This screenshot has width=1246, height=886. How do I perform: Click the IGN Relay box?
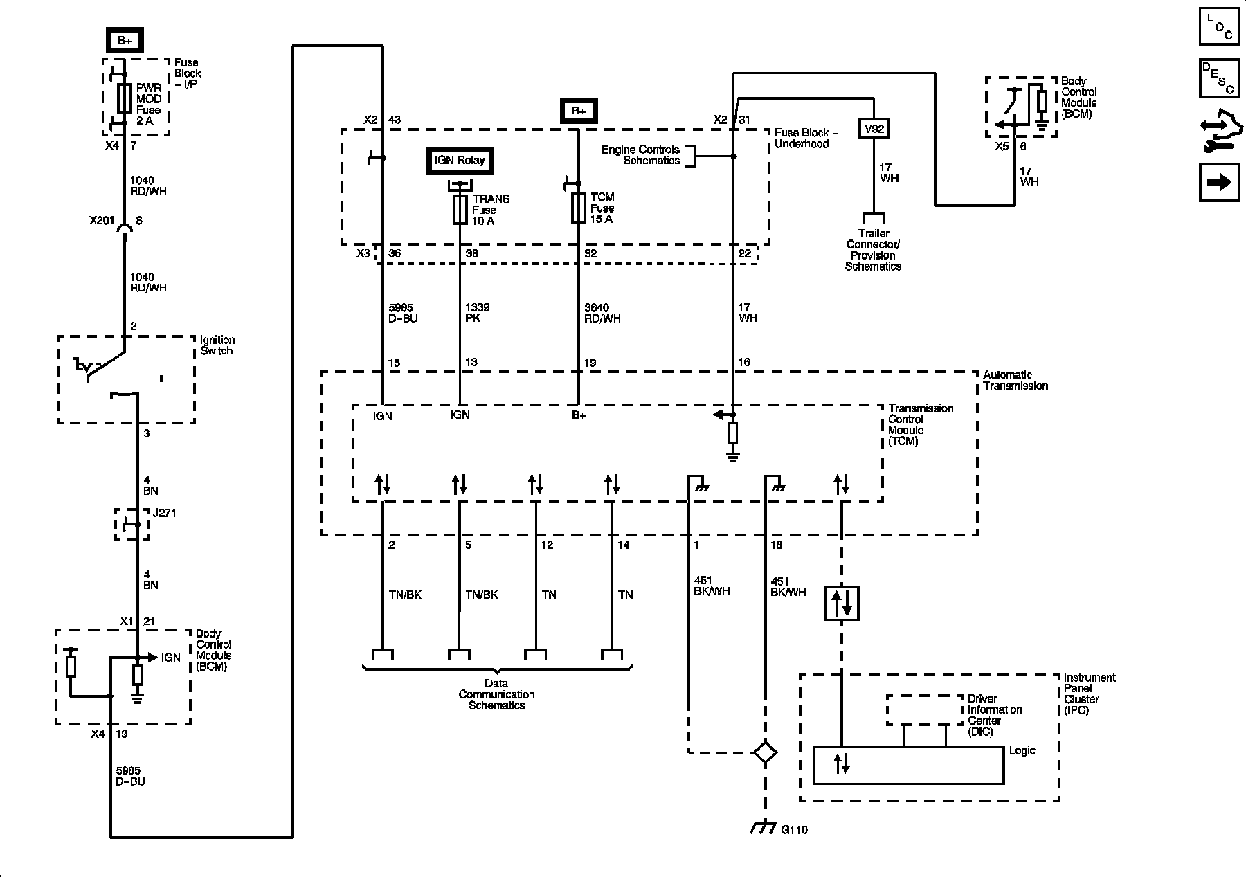(460, 161)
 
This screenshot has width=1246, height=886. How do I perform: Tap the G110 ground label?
(794, 829)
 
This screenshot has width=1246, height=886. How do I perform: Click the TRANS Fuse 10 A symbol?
(460, 209)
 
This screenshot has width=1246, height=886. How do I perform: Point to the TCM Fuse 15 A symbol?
(579, 208)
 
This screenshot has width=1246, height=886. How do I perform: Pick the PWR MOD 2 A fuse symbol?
(125, 99)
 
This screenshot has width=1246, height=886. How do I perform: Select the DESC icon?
(1219, 78)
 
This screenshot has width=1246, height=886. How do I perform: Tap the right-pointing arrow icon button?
(1219, 182)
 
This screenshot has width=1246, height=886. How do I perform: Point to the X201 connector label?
(101, 221)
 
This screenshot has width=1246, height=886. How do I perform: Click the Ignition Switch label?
(217, 345)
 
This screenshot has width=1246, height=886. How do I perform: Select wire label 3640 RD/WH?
(602, 313)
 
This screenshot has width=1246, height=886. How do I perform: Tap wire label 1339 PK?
(477, 313)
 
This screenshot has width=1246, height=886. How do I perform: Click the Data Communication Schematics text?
(496, 694)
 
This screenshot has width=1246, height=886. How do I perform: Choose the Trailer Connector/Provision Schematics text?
(873, 250)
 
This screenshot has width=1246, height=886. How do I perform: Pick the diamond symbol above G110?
(765, 752)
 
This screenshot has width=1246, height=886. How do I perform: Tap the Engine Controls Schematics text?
(641, 155)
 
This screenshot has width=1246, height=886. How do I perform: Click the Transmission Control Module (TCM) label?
(921, 424)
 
